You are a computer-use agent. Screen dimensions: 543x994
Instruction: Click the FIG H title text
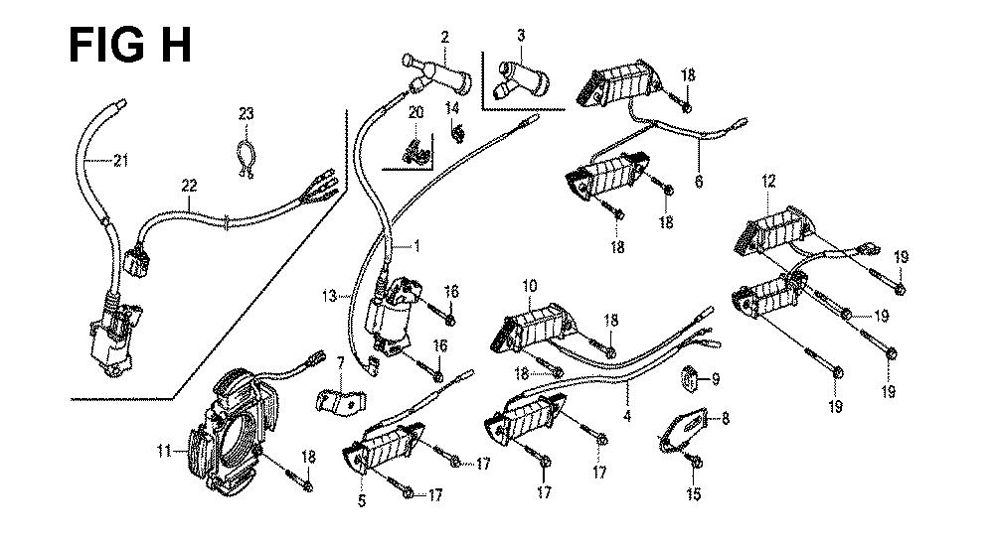[130, 45]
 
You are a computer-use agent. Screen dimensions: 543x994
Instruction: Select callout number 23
[246, 114]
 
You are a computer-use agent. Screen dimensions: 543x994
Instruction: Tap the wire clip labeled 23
[245, 155]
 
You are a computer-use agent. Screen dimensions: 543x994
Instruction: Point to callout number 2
[444, 37]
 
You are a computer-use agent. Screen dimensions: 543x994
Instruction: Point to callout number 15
[694, 493]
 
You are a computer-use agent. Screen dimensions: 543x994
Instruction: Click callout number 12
[768, 181]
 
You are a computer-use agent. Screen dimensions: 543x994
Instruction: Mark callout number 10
[530, 286]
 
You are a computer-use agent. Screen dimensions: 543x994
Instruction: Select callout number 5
[361, 501]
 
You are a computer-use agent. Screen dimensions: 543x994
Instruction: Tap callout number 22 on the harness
[188, 184]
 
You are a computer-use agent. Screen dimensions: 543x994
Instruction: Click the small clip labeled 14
[458, 130]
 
